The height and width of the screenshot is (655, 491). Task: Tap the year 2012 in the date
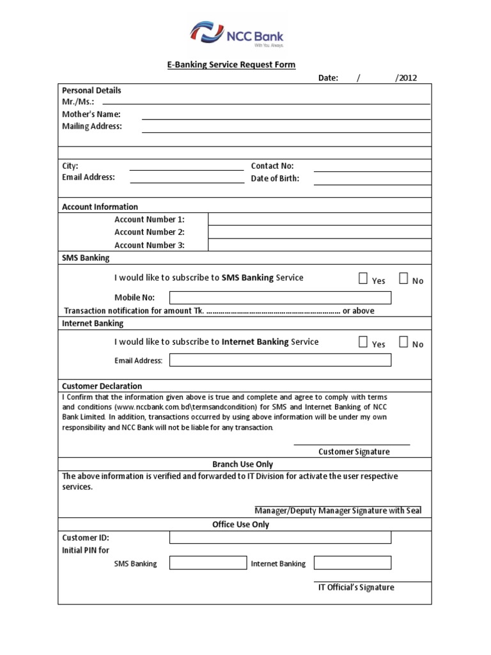[407, 78]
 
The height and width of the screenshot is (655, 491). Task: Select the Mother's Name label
[91, 114]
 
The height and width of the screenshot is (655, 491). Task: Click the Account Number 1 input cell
[319, 219]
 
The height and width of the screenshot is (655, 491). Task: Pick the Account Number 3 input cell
[319, 245]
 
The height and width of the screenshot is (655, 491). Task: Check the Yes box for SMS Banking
[363, 278]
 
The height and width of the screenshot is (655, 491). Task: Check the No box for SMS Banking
[403, 278]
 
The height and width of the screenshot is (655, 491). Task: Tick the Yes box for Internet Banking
[363, 342]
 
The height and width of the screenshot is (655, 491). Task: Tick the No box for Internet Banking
[403, 342]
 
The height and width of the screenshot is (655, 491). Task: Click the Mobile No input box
[280, 297]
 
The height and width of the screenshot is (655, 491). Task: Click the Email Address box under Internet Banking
[280, 360]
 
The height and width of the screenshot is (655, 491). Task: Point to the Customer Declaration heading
[102, 386]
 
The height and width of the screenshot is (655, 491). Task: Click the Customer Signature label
[354, 452]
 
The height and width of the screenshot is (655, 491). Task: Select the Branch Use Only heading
[242, 464]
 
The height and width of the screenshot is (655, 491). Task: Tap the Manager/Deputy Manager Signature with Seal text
[338, 510]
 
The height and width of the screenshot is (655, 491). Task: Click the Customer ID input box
[280, 537]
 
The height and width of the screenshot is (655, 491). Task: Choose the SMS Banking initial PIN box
[208, 563]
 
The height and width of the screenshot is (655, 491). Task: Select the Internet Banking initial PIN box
[352, 563]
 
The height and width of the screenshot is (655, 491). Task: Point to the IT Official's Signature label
[356, 587]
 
